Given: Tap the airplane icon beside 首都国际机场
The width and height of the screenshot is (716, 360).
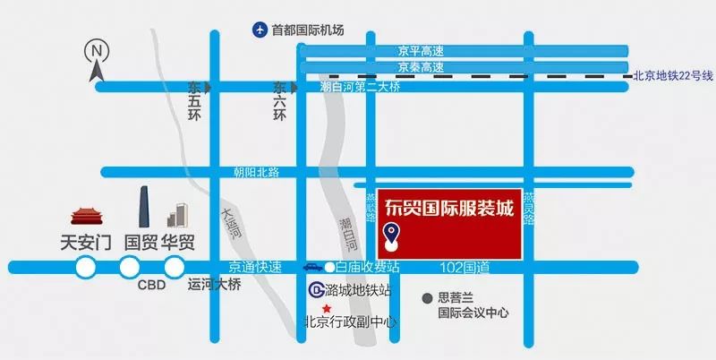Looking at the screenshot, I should point(260,30).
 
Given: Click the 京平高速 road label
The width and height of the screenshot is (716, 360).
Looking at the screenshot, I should point(421,51).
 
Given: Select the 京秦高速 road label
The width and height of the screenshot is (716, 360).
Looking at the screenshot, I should point(421,67).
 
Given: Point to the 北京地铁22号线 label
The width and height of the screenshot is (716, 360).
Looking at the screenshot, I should point(672,77).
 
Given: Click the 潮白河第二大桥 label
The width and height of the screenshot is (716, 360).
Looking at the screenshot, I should point(360,88).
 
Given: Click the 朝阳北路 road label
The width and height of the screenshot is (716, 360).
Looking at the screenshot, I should point(257,171).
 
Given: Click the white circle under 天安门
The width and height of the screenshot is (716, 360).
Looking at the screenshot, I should point(86,266).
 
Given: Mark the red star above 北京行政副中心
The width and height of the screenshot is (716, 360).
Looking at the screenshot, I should point(314,308).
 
